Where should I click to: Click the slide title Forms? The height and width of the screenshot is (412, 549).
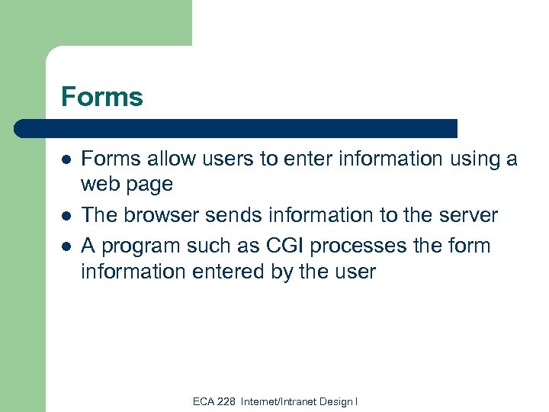click(x=101, y=97)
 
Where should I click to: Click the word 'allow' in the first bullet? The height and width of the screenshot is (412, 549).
click(x=160, y=159)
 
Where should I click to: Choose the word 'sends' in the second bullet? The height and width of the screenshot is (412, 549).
click(x=225, y=215)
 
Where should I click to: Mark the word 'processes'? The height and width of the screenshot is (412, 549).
click(x=326, y=247)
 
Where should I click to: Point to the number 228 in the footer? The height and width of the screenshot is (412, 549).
click(x=226, y=401)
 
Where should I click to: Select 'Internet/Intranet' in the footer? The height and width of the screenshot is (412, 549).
click(x=275, y=401)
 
